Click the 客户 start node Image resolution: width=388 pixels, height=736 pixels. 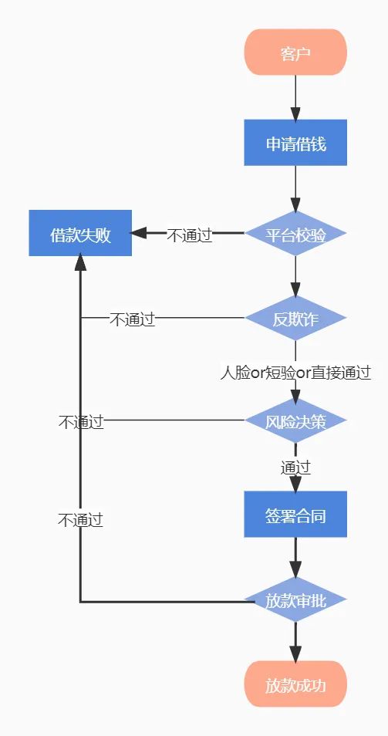pyautogui.click(x=295, y=52)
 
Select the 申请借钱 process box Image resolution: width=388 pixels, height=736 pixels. pyautogui.click(x=295, y=143)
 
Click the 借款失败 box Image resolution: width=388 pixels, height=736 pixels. pyautogui.click(x=80, y=233)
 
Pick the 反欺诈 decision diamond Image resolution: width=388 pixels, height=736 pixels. pyautogui.click(x=295, y=318)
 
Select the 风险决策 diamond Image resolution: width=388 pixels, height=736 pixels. pyautogui.click(x=295, y=420)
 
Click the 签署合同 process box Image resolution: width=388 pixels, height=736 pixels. pyautogui.click(x=295, y=515)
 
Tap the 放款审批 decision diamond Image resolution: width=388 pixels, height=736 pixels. pyautogui.click(x=295, y=599)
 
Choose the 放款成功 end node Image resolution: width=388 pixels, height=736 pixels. pyautogui.click(x=295, y=684)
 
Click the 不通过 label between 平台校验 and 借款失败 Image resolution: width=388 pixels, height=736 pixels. pyautogui.click(x=190, y=235)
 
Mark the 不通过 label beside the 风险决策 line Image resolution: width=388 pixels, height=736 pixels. pyautogui.click(x=81, y=422)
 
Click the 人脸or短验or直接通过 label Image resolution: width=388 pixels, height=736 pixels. pyautogui.click(x=295, y=373)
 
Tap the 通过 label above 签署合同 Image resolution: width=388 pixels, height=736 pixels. pyautogui.click(x=295, y=468)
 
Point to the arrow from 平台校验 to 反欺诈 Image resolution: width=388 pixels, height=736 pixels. pyautogui.click(x=295, y=275)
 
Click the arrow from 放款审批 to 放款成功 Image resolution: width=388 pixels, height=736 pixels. pyautogui.click(x=295, y=642)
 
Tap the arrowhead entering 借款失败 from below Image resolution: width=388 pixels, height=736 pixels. pyautogui.click(x=80, y=262)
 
